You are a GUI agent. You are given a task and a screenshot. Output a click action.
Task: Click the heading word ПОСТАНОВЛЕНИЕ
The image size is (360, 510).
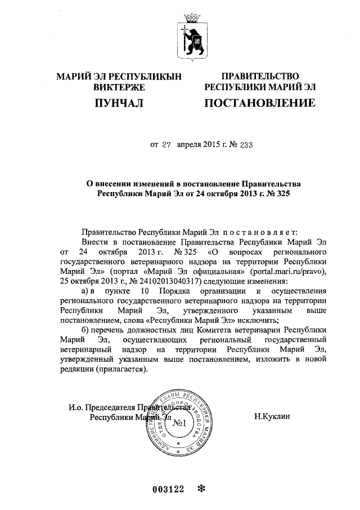pyautogui.click(x=259, y=103)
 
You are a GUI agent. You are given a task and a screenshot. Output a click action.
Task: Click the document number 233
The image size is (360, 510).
pyautogui.click(x=245, y=145)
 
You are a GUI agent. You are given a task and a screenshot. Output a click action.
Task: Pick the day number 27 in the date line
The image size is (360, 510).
pyautogui.click(x=166, y=145)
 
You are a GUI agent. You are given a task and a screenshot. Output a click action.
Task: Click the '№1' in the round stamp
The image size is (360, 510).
pyautogui.click(x=180, y=423)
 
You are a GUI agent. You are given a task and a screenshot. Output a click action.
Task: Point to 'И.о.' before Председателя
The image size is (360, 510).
pyautogui.click(x=76, y=407)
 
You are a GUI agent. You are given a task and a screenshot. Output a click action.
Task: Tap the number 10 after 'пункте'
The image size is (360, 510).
pyautogui.click(x=145, y=291)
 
